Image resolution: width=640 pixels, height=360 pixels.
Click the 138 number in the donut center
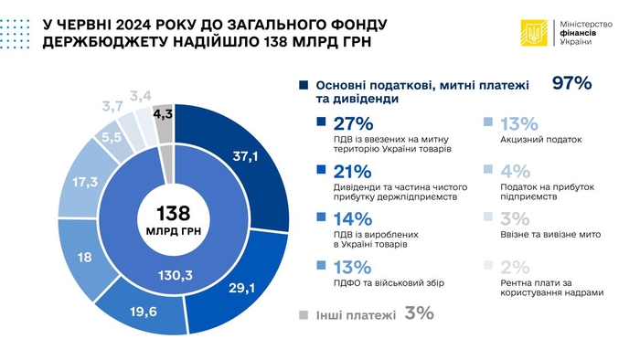pyautogui.click(x=173, y=214)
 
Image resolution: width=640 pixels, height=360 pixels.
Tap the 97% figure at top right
pyautogui.click(x=573, y=84)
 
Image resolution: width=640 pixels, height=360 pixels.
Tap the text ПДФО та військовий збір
pyautogui.click(x=367, y=285)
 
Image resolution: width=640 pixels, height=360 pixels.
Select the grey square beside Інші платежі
pyautogui.click(x=303, y=314)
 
